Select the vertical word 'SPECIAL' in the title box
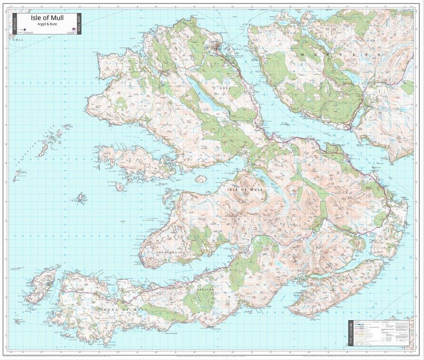click(x=15, y=24)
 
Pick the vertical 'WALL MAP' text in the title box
click(x=78, y=24)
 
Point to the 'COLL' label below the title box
click(x=18, y=39)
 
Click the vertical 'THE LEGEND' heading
click(x=351, y=332)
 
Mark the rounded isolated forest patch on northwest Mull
click(x=121, y=103)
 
